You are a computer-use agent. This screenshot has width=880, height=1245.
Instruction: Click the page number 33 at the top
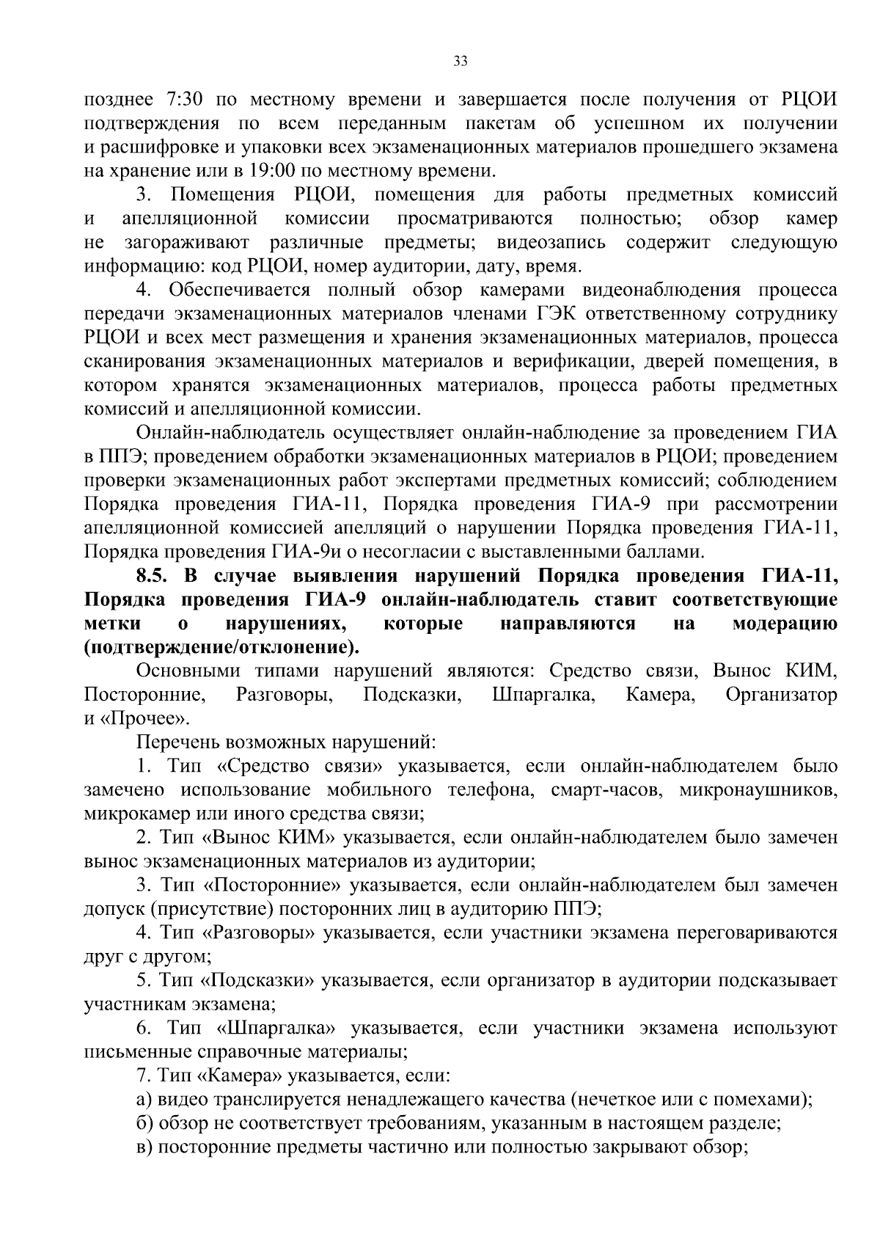point(461,62)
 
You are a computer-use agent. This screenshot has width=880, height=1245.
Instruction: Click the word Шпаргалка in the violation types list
point(543,694)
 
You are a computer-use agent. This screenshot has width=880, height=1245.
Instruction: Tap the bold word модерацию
point(784,624)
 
